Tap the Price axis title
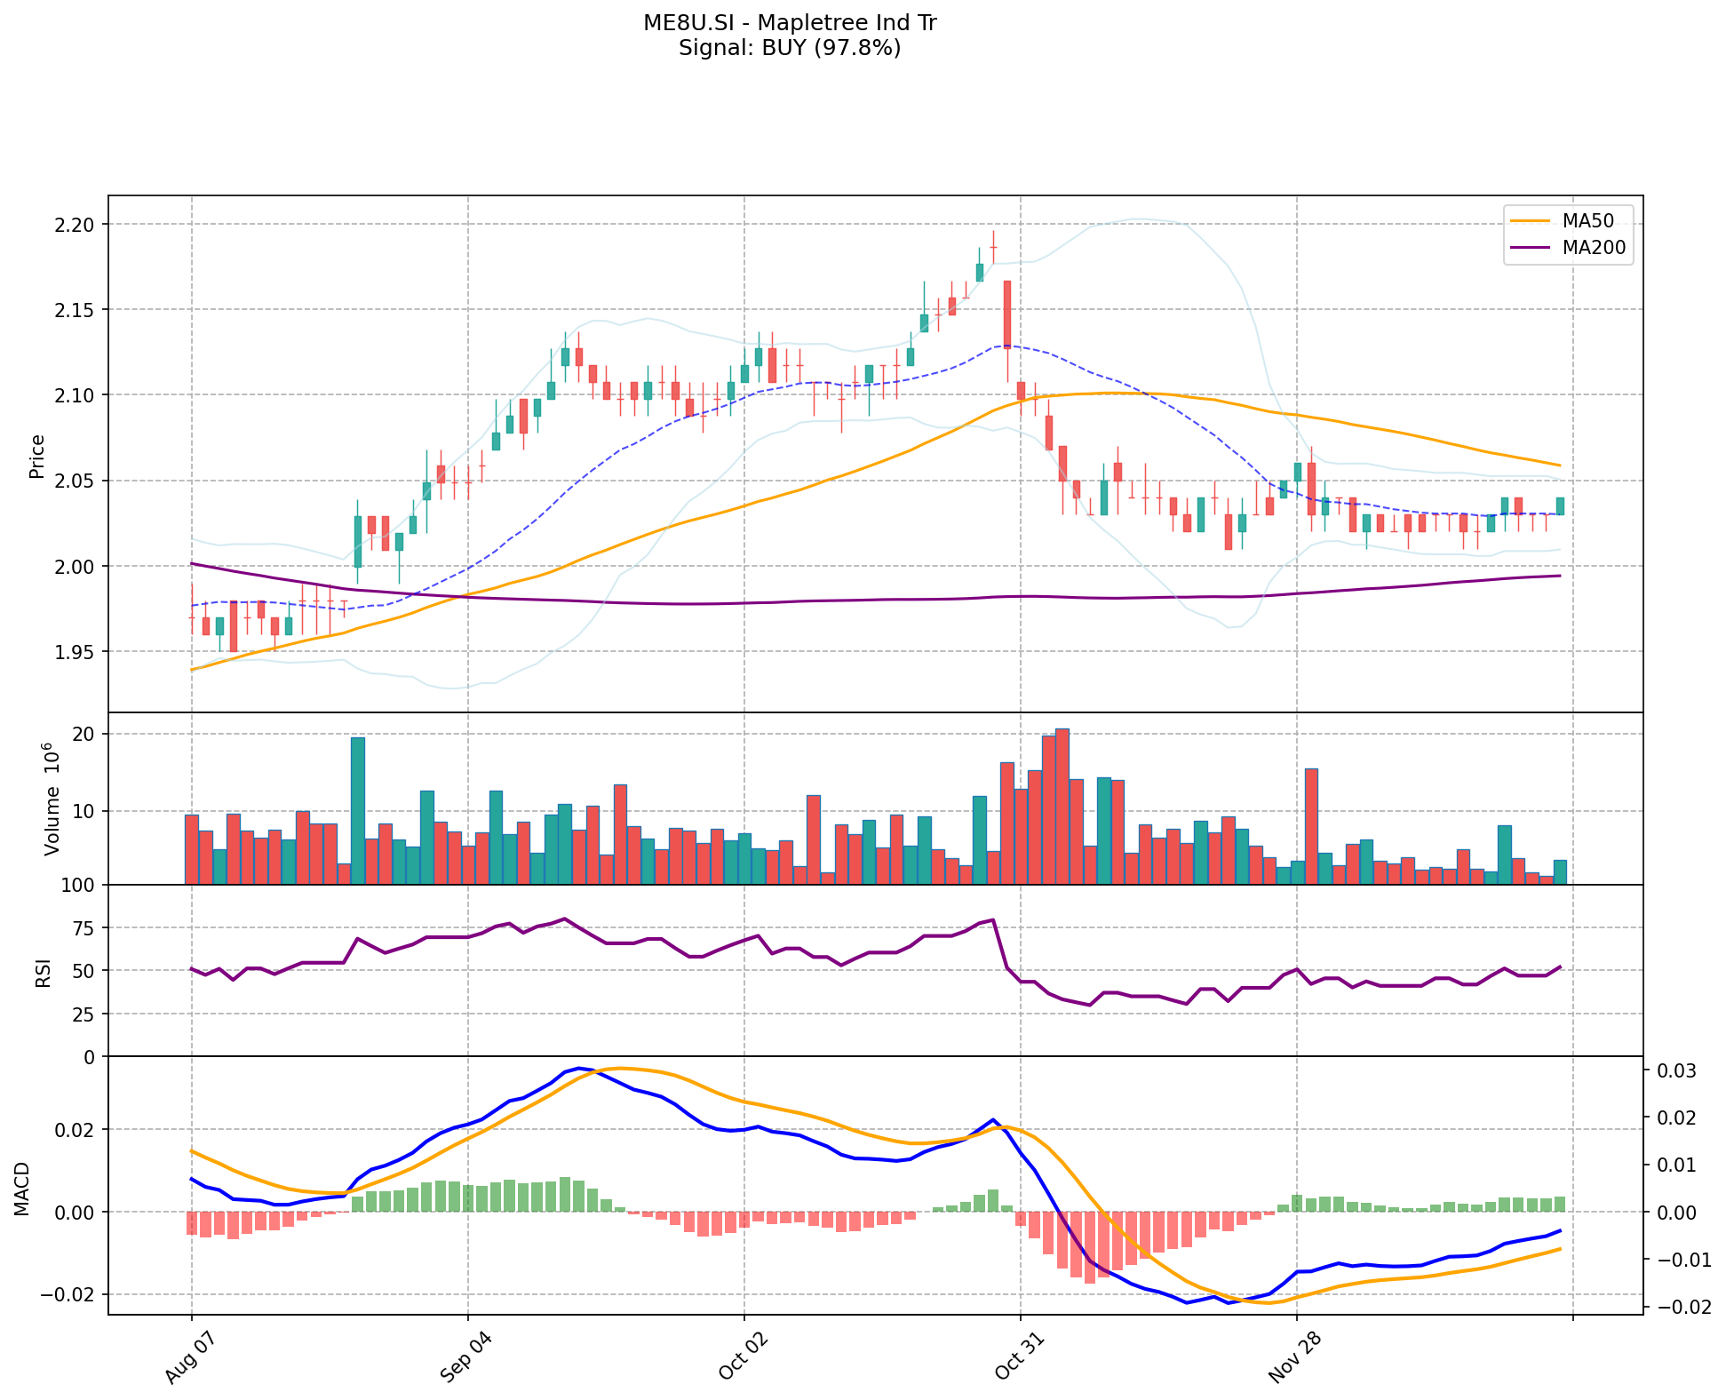pyautogui.click(x=37, y=457)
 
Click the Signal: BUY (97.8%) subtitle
pyautogui.click(x=790, y=48)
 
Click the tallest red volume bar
pyautogui.click(x=1062, y=807)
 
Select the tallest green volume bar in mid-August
pyautogui.click(x=357, y=810)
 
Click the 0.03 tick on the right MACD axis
pyautogui.click(x=1666, y=1071)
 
